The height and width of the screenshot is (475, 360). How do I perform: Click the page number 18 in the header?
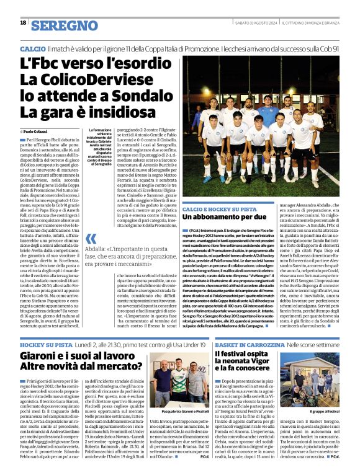[23, 22]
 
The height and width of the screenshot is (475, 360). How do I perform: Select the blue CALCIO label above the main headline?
[32, 48]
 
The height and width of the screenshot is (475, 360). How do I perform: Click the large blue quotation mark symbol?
[91, 239]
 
